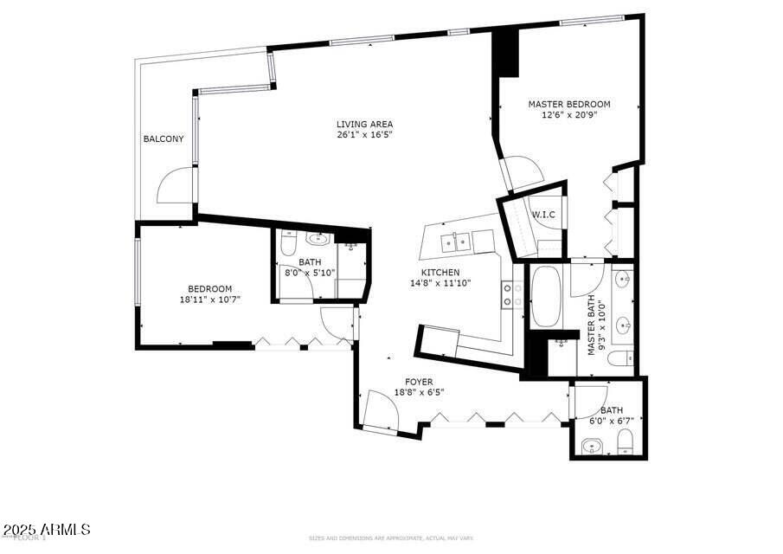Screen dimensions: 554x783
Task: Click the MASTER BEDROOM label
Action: (569, 104)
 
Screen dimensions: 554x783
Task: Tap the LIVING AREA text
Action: (365, 124)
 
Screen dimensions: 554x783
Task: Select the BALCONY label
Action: (164, 138)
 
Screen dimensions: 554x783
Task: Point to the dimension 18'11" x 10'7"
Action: (210, 300)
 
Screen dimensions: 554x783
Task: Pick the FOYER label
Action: (419, 382)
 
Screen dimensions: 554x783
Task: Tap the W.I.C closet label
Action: (543, 215)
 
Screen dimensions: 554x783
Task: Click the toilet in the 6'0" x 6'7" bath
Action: (626, 444)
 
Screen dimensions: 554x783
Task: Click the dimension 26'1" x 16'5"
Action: (365, 134)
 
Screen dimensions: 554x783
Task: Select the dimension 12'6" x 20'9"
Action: (569, 114)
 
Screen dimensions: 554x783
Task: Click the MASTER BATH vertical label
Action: (594, 325)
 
